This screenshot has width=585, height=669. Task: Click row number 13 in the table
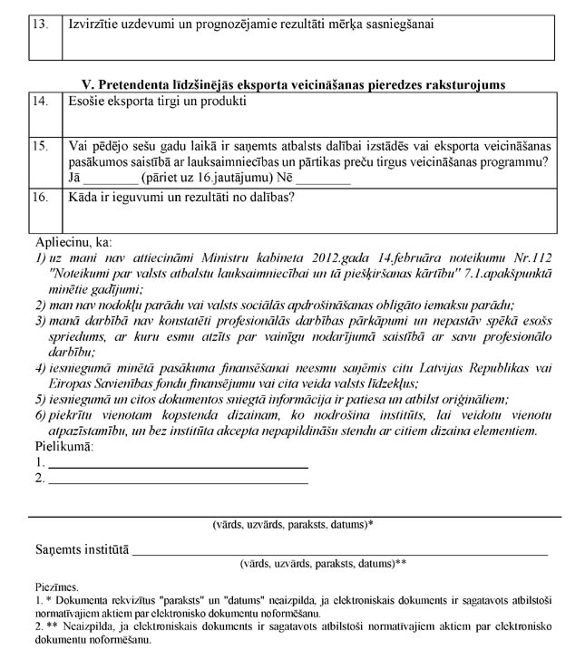(x=40, y=24)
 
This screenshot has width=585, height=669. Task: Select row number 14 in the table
(x=40, y=102)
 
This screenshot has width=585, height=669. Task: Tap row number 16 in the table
(x=40, y=196)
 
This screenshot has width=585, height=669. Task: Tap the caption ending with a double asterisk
(x=322, y=563)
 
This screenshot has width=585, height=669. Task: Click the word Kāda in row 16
(x=85, y=196)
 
